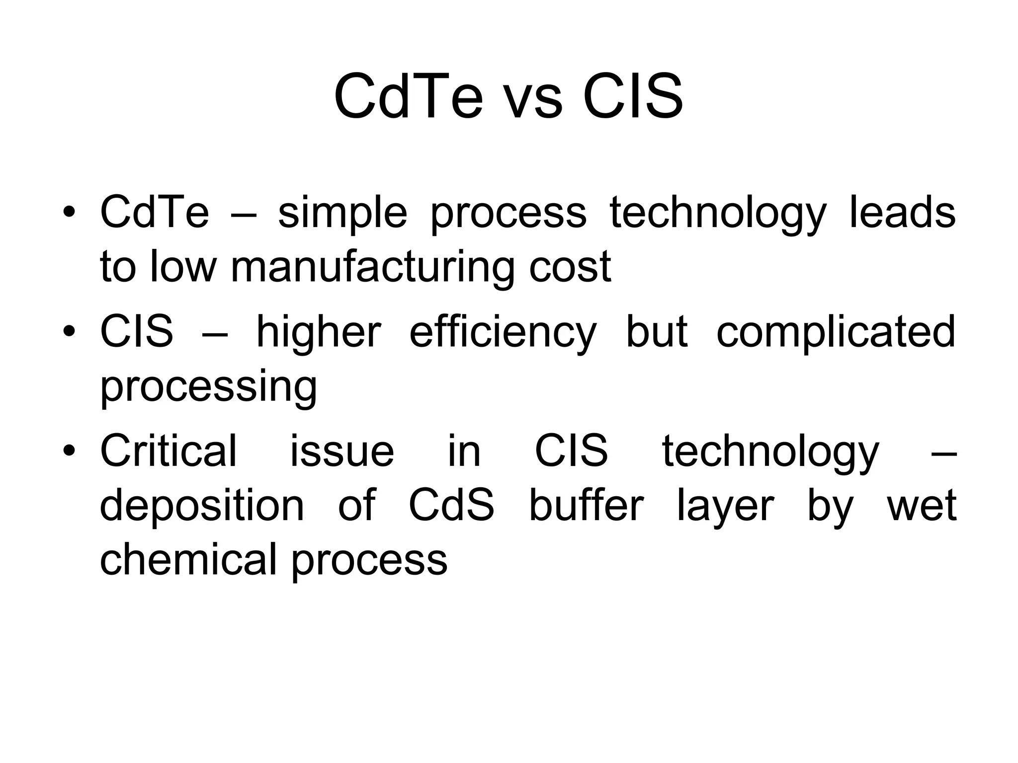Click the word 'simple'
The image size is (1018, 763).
click(342, 214)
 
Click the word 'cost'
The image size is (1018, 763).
click(569, 268)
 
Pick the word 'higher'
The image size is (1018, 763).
click(318, 333)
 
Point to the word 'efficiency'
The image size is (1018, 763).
click(503, 333)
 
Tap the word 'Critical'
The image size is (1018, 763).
click(169, 451)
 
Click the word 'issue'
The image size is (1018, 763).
click(342, 451)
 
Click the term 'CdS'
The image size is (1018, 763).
click(451, 506)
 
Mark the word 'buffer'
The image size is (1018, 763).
click(586, 506)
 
